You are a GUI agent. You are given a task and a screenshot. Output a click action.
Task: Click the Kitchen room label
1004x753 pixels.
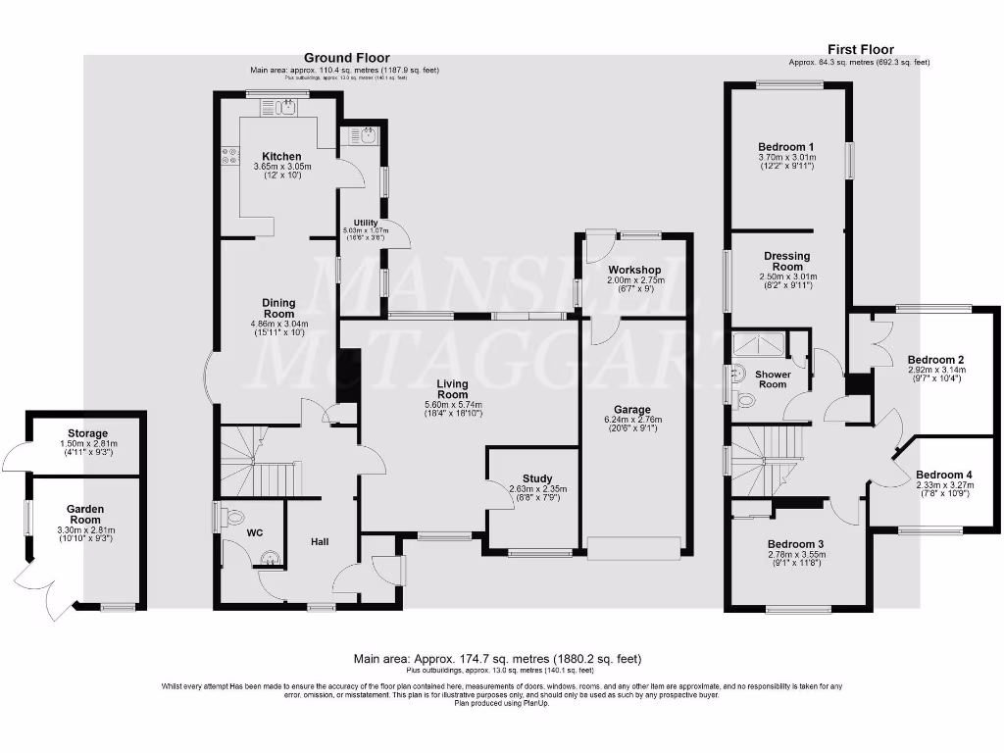pyautogui.click(x=281, y=156)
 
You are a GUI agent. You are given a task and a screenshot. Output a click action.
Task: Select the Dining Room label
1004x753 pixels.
pyautogui.click(x=280, y=308)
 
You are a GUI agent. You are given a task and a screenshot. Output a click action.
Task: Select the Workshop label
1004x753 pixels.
pyautogui.click(x=634, y=270)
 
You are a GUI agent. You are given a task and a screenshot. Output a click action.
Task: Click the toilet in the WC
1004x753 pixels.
pyautogui.click(x=230, y=516)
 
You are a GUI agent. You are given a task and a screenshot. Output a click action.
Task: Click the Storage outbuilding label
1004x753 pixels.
pyautogui.click(x=87, y=433)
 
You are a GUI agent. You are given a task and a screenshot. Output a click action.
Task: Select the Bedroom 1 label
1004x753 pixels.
pyautogui.click(x=786, y=147)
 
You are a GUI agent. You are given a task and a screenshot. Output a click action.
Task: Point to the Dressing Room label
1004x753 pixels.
pyautogui.click(x=787, y=261)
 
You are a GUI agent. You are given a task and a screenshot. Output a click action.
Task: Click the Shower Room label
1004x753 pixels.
pyautogui.click(x=773, y=378)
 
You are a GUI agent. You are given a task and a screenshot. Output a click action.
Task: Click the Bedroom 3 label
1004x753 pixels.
pyautogui.click(x=795, y=544)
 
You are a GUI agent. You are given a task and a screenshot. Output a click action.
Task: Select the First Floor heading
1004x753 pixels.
pyautogui.click(x=860, y=50)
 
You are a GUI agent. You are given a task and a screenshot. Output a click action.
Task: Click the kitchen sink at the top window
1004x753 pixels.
pyautogui.click(x=286, y=107)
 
